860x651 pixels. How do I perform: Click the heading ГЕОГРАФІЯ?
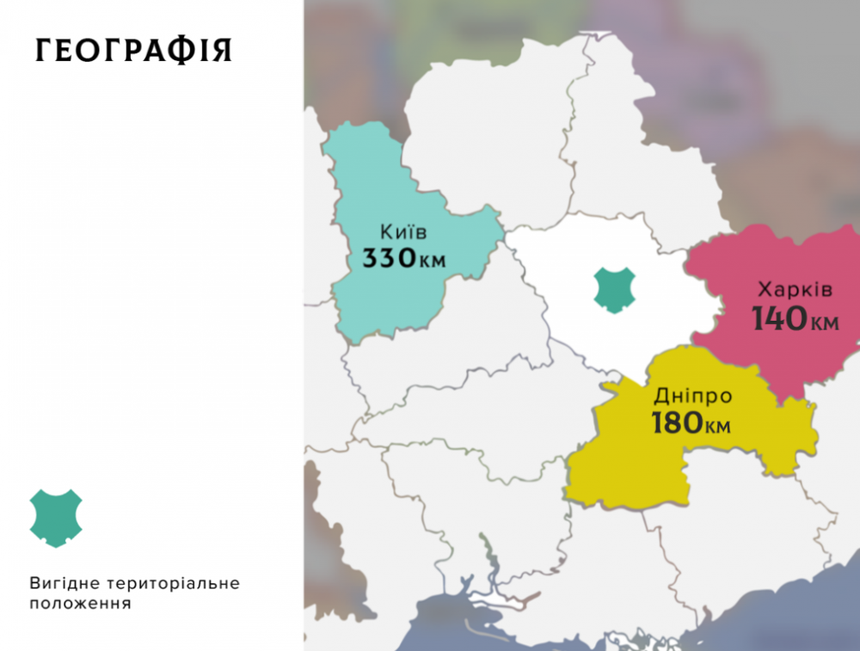[x=133, y=51]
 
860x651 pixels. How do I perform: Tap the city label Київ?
[x=403, y=232]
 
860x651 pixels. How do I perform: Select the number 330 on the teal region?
[x=390, y=258]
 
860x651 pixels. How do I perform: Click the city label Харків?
[x=795, y=290]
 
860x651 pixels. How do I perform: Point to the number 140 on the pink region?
[x=780, y=319]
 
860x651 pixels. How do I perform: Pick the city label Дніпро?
[x=693, y=396]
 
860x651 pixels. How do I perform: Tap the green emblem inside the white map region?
[x=615, y=289]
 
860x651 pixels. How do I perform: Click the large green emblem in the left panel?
[x=56, y=518]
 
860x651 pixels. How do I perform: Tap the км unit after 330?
[x=433, y=261]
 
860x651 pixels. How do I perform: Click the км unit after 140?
[x=824, y=322]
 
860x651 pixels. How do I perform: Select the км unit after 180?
[x=720, y=426]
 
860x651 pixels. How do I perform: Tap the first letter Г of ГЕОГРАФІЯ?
[x=44, y=51]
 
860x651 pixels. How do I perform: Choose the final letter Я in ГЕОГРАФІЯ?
[x=222, y=51]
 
